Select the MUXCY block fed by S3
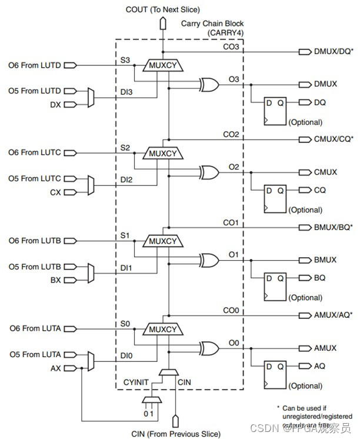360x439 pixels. click(162, 65)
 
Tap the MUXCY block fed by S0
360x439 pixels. click(162, 329)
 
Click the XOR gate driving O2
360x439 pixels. click(209, 172)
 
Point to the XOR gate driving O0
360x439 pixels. click(209, 348)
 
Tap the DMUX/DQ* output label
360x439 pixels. click(332, 52)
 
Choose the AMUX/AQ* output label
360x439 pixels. click(332, 315)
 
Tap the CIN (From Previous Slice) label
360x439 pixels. click(176, 434)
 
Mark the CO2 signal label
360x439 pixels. click(230, 135)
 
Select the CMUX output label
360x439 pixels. click(325, 172)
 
